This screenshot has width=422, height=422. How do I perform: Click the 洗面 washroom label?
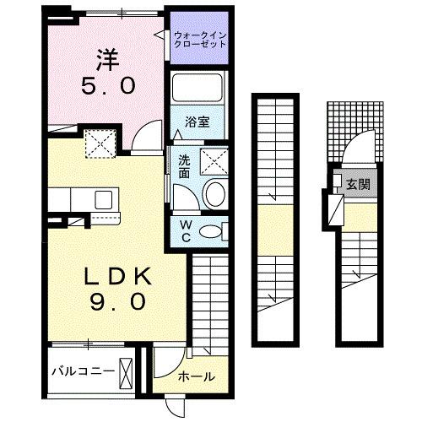[x=184, y=165]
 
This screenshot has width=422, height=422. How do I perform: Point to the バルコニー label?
[x=80, y=371]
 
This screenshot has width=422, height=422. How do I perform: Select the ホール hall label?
[x=196, y=377]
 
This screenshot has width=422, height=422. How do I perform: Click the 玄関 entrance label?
[x=359, y=183]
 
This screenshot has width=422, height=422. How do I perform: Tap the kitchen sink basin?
[x=104, y=199]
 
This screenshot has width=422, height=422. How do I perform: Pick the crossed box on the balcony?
[x=127, y=371]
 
